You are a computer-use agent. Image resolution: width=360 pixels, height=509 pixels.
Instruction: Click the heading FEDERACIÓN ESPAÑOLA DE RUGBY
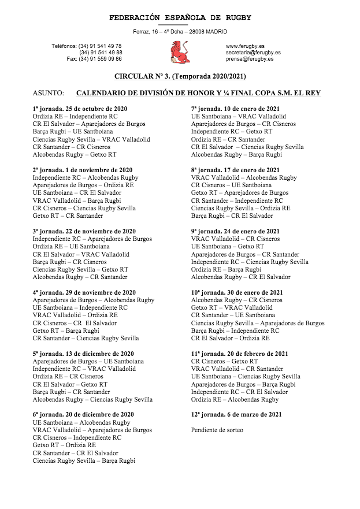pos(180,18)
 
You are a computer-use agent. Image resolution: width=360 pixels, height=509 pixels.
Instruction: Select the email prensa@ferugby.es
pos(250,59)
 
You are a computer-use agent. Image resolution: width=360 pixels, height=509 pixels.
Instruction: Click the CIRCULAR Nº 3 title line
pos(179,76)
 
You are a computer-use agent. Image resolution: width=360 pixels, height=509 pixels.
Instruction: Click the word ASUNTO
pos(48,93)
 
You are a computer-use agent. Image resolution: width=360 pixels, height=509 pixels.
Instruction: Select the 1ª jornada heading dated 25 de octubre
pos(80,109)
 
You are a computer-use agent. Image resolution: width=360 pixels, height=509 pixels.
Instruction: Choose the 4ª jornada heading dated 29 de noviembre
pos(84,292)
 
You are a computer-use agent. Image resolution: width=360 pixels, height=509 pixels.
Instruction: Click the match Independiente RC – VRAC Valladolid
pos(84,369)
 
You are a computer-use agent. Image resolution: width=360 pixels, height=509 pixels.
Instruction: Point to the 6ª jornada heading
pos(83,414)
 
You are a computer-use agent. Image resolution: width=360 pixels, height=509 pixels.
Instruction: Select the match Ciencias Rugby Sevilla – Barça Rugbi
pos(84,460)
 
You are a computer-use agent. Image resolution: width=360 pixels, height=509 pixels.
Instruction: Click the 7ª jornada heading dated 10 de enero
pos(236,109)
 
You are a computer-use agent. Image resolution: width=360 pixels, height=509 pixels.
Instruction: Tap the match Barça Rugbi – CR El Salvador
pos(232,216)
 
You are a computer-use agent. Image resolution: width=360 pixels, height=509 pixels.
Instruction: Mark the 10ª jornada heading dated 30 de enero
pos(237,292)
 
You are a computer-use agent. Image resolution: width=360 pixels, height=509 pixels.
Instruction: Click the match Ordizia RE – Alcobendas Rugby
pos(235,399)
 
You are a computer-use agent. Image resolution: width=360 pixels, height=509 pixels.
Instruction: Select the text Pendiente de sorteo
pos(217,430)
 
